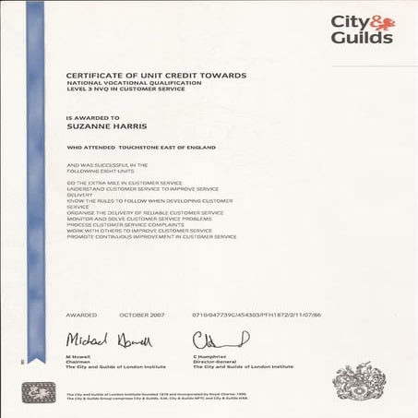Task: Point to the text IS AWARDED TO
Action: pyautogui.click(x=92, y=119)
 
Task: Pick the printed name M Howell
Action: pyautogui.click(x=77, y=355)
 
